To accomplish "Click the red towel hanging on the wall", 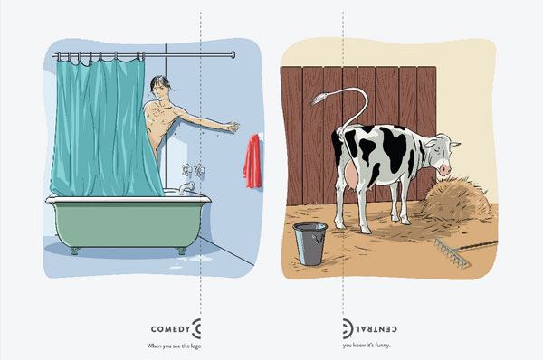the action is [252, 161].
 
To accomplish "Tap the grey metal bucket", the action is [310, 243].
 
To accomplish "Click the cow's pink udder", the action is [351, 176].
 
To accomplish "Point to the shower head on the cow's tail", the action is [318, 99].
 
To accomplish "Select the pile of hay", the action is [456, 200].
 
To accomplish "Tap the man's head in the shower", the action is [160, 88].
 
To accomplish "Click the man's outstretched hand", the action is [232, 127].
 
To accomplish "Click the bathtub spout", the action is [186, 187].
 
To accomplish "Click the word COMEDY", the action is [170, 329].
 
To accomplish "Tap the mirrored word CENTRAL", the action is [376, 329].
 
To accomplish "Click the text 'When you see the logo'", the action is [174, 346].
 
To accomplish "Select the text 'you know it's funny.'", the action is [367, 346].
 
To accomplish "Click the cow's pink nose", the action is [445, 170].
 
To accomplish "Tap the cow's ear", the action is [454, 145].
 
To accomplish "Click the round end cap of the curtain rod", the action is [233, 54].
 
